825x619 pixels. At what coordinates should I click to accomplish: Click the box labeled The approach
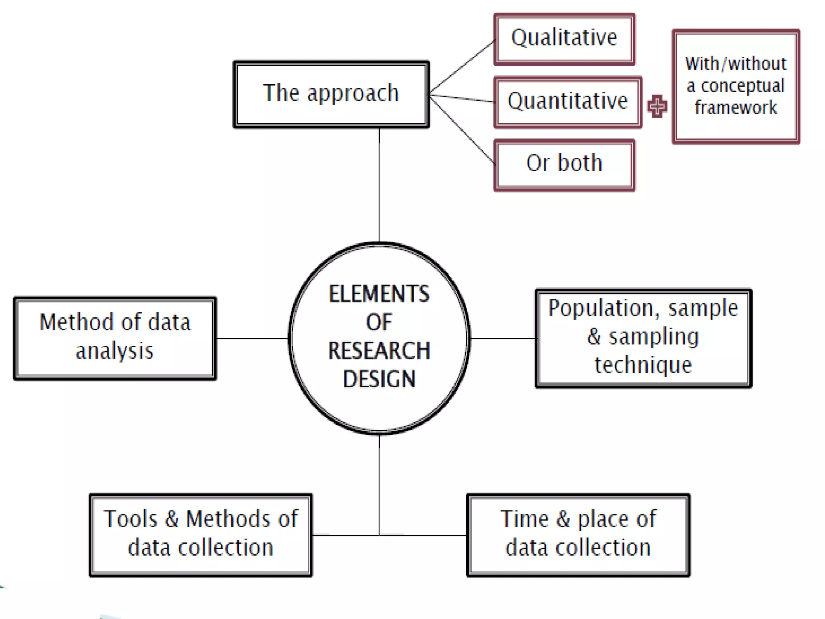tap(331, 94)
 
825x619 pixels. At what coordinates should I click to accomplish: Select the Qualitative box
tap(564, 39)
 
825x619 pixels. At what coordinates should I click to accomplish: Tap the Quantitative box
tap(568, 102)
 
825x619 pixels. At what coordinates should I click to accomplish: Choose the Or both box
tap(564, 164)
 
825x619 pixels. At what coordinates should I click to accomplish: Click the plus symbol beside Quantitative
tap(657, 106)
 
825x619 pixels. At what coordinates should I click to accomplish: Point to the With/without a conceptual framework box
tap(736, 86)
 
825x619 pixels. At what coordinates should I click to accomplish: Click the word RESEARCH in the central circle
tap(379, 351)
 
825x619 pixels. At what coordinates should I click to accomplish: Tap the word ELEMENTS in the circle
tap(379, 294)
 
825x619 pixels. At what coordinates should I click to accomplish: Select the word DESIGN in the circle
tap(379, 379)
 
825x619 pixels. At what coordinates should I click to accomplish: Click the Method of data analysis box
tap(115, 338)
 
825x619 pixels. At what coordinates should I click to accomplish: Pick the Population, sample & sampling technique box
tap(643, 338)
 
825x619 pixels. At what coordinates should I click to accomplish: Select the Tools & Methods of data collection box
tap(201, 535)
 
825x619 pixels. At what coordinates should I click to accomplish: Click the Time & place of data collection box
tap(578, 535)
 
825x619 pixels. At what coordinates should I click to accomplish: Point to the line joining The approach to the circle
tap(379, 185)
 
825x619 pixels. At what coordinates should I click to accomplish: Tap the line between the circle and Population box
tap(503, 338)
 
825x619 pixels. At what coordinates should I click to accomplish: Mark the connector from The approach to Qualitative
tap(462, 67)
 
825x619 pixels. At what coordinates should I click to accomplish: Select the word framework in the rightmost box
tap(736, 108)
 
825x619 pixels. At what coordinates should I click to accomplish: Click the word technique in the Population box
tap(643, 365)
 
